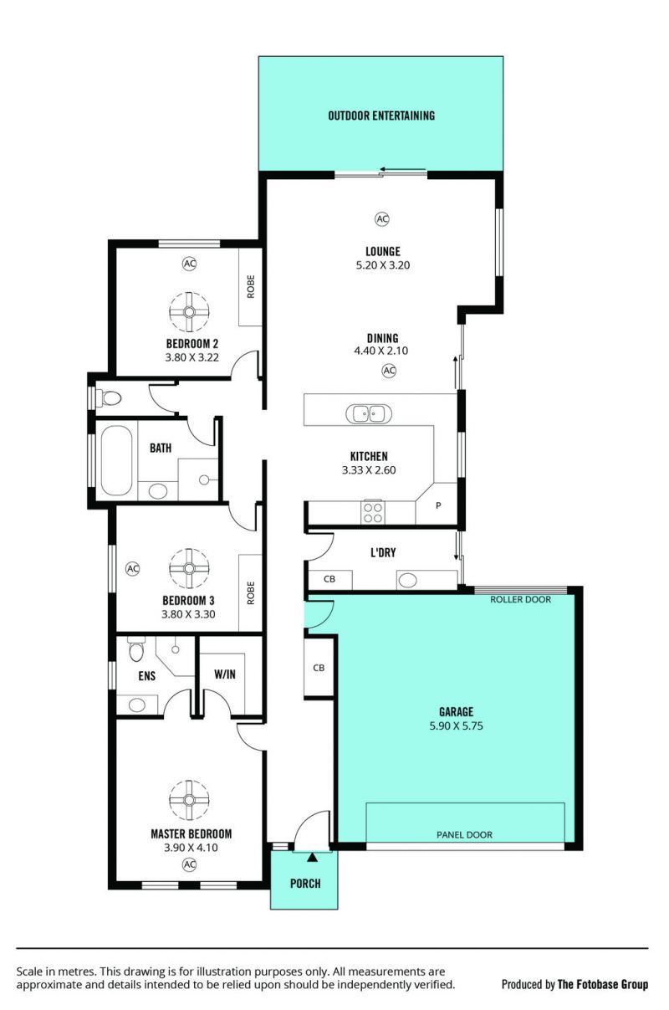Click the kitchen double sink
(369, 414)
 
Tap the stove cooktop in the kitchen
(373, 513)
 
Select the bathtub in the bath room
(117, 460)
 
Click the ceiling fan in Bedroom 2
(189, 312)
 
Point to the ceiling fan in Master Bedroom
(189, 800)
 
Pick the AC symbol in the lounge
(382, 219)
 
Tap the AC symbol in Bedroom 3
(132, 568)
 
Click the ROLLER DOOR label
(520, 600)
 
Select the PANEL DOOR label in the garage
(464, 835)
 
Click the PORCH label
(305, 884)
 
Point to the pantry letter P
(438, 505)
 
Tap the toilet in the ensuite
(135, 649)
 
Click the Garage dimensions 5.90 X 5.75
(457, 726)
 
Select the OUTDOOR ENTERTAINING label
(381, 115)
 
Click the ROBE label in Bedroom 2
(251, 287)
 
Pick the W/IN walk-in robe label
(225, 674)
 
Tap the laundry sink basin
(408, 580)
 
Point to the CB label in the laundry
(329, 579)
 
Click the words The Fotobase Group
(603, 985)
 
